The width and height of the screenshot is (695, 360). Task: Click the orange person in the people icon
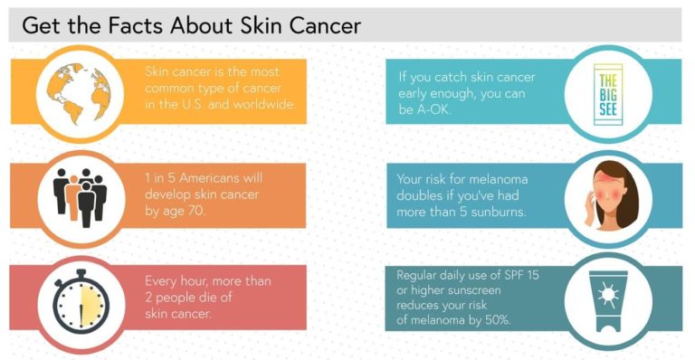pyautogui.click(x=72, y=191)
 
